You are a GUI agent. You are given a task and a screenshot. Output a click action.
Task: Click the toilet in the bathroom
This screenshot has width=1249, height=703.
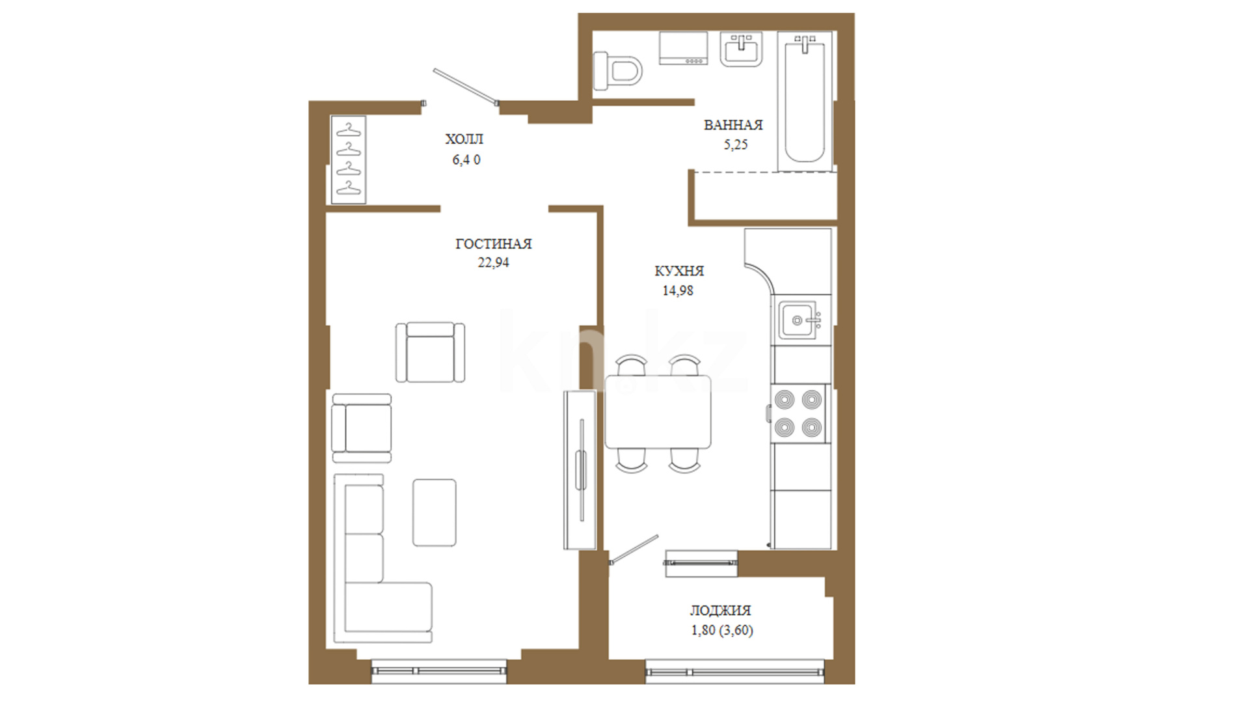coord(617,70)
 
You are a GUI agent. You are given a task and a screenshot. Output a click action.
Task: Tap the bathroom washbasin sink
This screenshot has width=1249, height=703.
coord(741,49)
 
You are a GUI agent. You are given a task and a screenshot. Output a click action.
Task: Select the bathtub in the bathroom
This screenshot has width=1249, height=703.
coord(805,101)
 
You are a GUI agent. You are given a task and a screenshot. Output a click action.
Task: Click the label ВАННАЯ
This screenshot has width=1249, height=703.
coord(733,125)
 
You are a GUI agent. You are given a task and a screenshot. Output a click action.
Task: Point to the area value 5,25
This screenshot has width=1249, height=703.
coord(736,145)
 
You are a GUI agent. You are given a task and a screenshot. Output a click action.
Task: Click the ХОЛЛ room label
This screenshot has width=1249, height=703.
coord(464,139)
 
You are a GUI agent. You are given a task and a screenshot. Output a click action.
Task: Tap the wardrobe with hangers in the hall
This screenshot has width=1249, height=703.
coord(349,159)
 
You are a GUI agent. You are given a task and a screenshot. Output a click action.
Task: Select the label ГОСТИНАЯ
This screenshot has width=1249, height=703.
coord(494,244)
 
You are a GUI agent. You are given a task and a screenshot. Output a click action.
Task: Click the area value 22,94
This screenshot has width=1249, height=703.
coord(494,263)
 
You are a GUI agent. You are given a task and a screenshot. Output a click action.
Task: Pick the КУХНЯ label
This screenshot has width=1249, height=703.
coord(679,271)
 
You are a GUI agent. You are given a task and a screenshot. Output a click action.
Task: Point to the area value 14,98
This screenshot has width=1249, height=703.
coord(678,291)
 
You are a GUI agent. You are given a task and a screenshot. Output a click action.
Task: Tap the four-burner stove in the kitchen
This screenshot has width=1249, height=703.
coord(798,413)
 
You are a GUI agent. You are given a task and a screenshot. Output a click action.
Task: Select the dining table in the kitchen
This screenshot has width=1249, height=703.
coord(658,411)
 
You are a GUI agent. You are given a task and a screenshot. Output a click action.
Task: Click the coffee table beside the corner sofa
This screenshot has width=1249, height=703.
coord(435,512)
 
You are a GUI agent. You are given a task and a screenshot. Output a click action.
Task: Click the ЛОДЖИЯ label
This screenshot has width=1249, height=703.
coord(720,611)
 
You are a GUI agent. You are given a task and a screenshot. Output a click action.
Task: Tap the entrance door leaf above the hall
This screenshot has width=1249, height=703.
coord(466,87)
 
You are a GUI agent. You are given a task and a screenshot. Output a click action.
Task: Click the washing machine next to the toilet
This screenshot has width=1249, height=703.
coord(683,48)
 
